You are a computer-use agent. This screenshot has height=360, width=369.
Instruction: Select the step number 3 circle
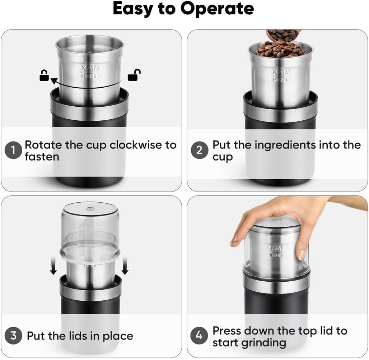[x=14, y=336]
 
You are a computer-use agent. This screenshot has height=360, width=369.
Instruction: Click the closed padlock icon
[x=44, y=76]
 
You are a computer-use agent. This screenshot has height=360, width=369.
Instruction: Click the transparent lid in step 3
[x=89, y=230]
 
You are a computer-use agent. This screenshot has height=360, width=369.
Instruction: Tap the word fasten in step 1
[x=42, y=157]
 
